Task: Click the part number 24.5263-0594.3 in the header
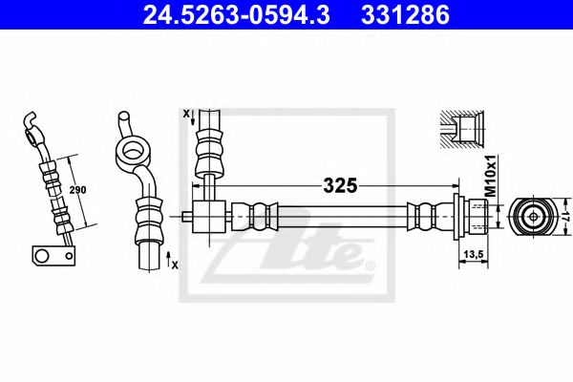pos(236,15)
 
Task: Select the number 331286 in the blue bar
pos(405,15)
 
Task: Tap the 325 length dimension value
pos(340,185)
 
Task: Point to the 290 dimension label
pos(77,190)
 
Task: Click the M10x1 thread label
pos(491,176)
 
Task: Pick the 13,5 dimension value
pos(474,253)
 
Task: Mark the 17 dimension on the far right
pos(565,217)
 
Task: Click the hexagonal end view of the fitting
pos(533,217)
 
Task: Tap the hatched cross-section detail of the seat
pos(462,130)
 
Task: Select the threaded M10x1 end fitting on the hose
pos(471,217)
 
